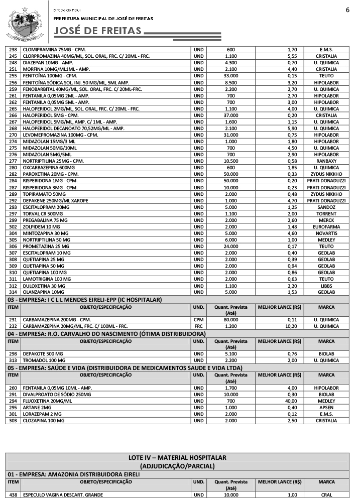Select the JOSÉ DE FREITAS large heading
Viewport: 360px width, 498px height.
pyautogui.click(x=98, y=31)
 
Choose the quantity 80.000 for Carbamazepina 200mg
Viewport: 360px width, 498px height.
pyautogui.click(x=231, y=319)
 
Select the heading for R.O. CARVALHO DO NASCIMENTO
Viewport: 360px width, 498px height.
pyautogui.click(x=106, y=334)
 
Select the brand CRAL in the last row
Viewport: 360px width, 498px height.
pyautogui.click(x=326, y=494)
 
